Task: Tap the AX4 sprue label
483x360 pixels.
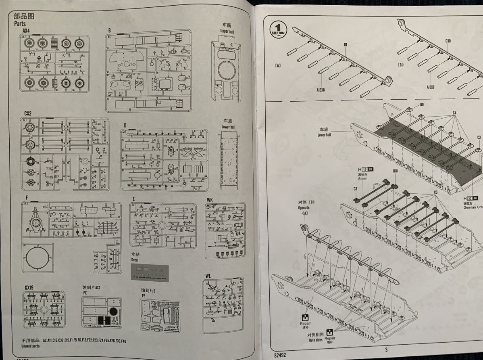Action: coord(26,31)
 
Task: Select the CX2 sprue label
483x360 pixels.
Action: coord(27,114)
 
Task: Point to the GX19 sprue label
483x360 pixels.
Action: coord(29,287)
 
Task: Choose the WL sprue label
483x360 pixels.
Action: coord(208,276)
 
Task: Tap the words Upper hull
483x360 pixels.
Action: coord(227,31)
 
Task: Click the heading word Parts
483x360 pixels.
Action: coord(20,24)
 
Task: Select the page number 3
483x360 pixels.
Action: coord(386,350)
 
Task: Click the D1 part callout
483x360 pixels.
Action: coord(346,44)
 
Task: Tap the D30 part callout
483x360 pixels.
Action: coord(448,41)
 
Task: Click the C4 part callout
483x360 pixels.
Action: coord(454,113)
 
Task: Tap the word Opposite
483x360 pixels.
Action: coord(304,207)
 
